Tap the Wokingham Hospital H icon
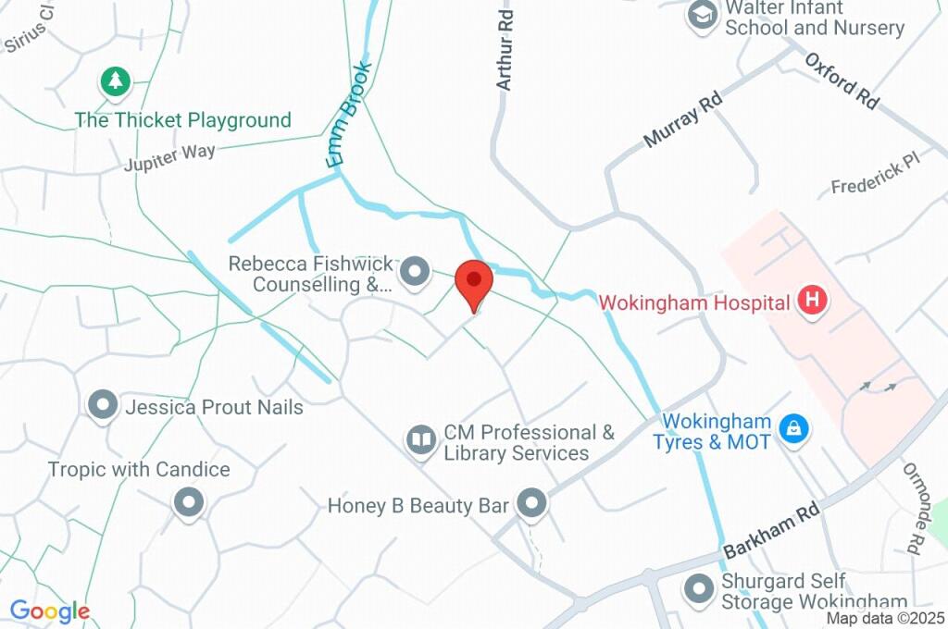pyautogui.click(x=813, y=301)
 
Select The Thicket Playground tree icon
pyautogui.click(x=115, y=81)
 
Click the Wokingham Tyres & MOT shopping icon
pyautogui.click(x=793, y=428)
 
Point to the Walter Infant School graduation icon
pyautogui.click(x=703, y=16)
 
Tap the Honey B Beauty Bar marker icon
pyautogui.click(x=531, y=504)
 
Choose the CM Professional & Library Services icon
pyautogui.click(x=422, y=440)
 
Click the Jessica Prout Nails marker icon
pyautogui.click(x=102, y=405)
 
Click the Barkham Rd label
pyautogui.click(x=771, y=529)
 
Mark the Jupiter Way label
pyautogui.click(x=170, y=157)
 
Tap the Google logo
pyautogui.click(x=49, y=611)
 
